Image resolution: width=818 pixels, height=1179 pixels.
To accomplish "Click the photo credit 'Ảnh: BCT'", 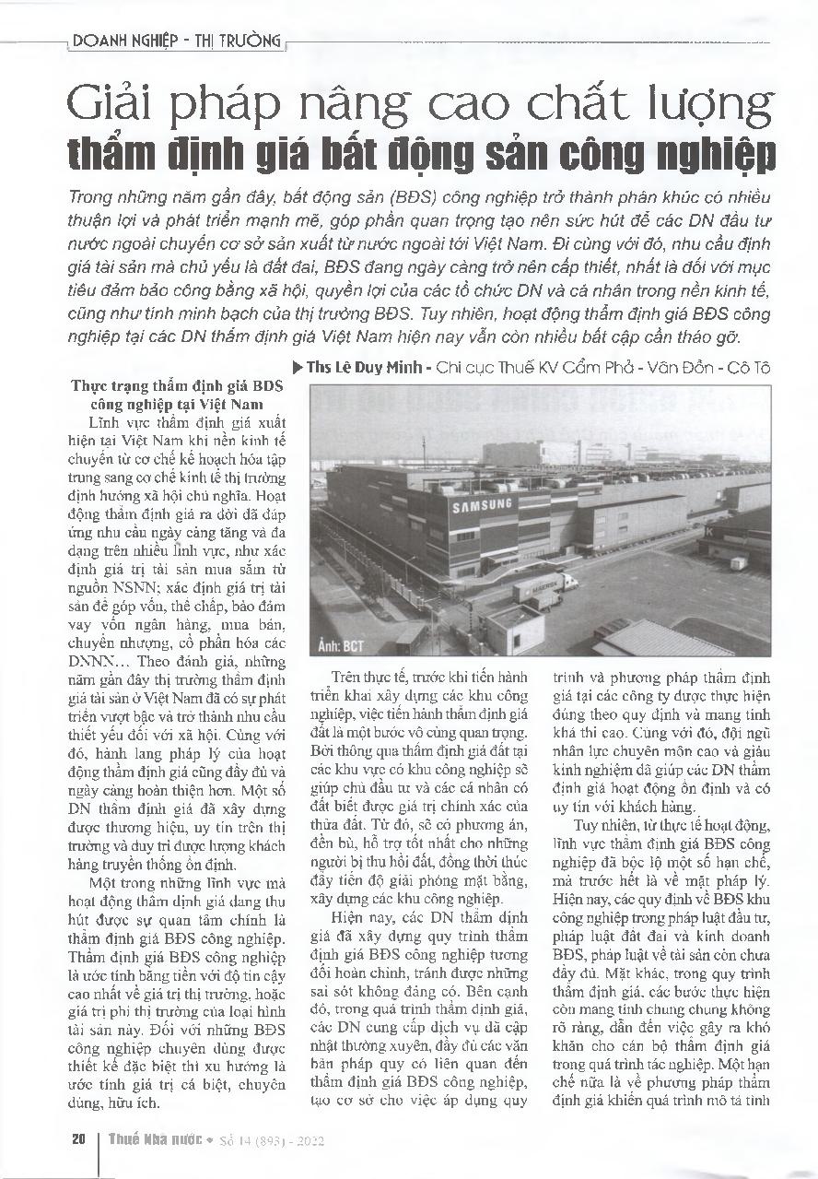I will [343, 646].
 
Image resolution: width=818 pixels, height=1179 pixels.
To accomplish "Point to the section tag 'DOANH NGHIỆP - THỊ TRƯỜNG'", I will [175, 41].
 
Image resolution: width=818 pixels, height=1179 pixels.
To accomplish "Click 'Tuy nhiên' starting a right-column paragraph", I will [605, 825].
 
